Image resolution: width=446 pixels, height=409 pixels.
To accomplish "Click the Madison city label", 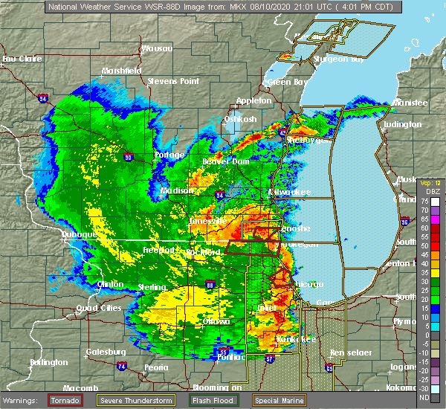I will [x=177, y=190].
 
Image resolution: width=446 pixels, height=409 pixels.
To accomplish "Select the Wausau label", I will [x=157, y=49].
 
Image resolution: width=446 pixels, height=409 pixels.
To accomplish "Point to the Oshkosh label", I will [x=240, y=119].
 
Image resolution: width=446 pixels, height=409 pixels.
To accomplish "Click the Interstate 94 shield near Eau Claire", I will [x=43, y=97].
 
